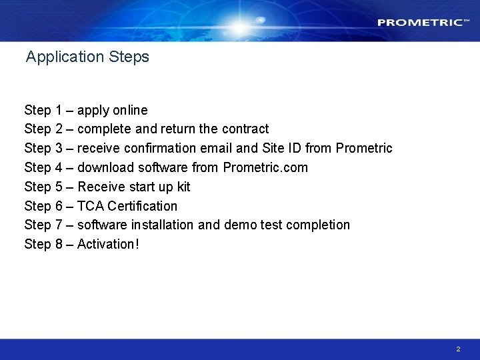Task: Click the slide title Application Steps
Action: click(87, 57)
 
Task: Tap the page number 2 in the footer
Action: click(458, 349)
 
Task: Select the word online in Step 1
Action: click(130, 110)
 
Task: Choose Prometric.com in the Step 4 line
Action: click(265, 167)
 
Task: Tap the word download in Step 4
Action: click(105, 167)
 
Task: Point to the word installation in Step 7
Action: click(165, 225)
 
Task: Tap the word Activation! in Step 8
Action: click(108, 245)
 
